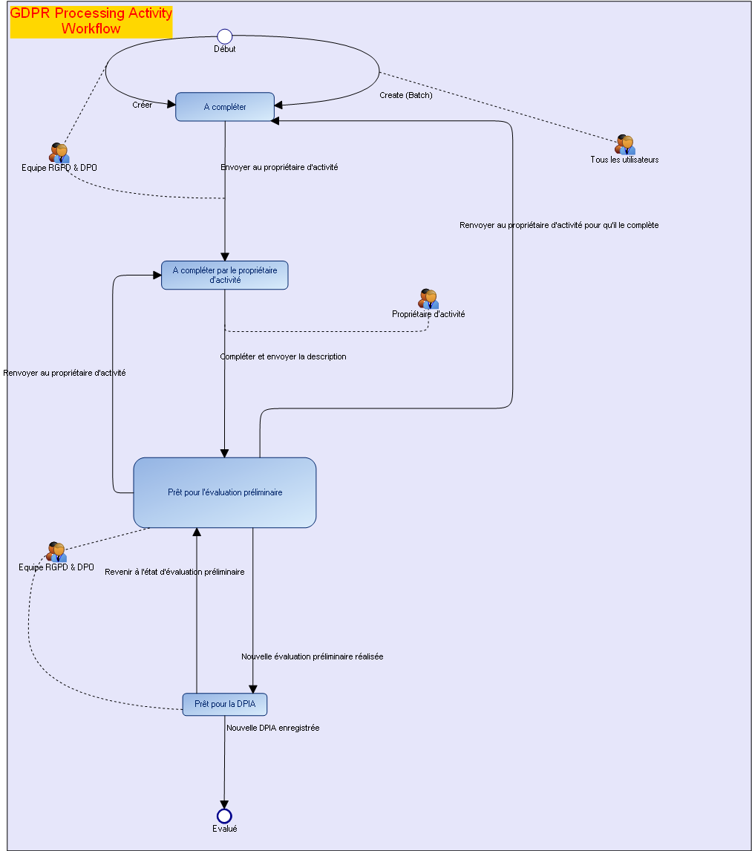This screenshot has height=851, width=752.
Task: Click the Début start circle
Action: click(x=224, y=36)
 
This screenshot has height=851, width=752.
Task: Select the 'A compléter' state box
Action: click(x=225, y=107)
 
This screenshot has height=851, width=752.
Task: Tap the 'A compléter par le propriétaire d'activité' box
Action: click(x=224, y=275)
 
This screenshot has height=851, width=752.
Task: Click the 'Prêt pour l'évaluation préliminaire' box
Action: click(x=224, y=492)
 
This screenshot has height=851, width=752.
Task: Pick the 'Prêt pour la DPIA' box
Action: click(x=224, y=704)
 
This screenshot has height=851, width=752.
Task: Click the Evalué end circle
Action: click(x=224, y=816)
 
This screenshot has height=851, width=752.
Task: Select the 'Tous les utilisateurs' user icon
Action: click(x=625, y=144)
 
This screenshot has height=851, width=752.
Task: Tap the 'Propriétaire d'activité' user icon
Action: click(x=428, y=299)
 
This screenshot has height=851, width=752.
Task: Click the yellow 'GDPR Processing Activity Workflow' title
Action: click(x=91, y=22)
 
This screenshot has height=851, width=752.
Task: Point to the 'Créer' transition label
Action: click(x=142, y=105)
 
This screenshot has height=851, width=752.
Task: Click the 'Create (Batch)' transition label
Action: click(x=405, y=95)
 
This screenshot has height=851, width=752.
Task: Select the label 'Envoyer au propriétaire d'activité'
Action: click(x=279, y=167)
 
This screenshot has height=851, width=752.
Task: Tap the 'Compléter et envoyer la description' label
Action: click(x=283, y=356)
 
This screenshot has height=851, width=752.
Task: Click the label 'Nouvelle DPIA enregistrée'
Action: click(x=272, y=728)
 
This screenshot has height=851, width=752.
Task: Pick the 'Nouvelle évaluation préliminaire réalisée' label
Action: click(x=312, y=656)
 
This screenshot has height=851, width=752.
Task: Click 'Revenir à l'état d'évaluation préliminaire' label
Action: click(x=174, y=572)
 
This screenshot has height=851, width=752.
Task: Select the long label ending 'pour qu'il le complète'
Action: click(x=558, y=225)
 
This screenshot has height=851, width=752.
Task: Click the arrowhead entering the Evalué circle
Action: click(x=224, y=804)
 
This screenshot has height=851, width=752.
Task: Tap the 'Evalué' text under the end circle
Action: click(x=224, y=829)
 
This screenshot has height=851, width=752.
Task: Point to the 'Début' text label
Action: click(x=224, y=49)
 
